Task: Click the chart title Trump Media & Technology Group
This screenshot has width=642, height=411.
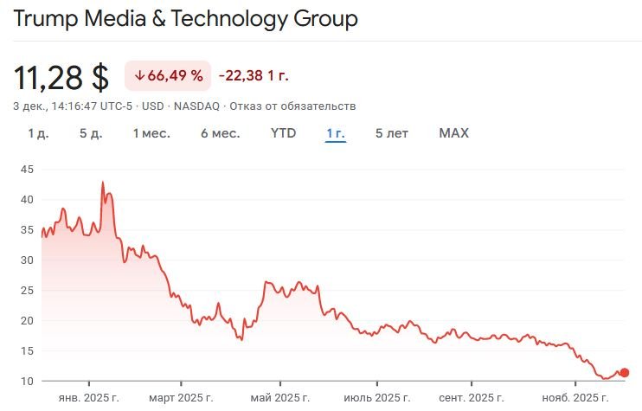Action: pyautogui.click(x=185, y=19)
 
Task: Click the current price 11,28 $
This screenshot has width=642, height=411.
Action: pyautogui.click(x=61, y=77)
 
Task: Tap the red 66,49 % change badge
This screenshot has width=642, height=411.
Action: pyautogui.click(x=168, y=76)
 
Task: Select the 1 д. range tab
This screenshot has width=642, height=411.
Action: pyautogui.click(x=38, y=133)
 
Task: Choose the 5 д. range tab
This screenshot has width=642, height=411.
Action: pyautogui.click(x=91, y=133)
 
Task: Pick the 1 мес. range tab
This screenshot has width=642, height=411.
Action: pyautogui.click(x=151, y=133)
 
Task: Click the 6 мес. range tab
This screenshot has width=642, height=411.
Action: pyautogui.click(x=220, y=133)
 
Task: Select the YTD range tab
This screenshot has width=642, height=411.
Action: pyautogui.click(x=283, y=133)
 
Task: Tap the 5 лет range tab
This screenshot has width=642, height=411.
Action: pyautogui.click(x=392, y=133)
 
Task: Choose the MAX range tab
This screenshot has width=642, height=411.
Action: pyautogui.click(x=453, y=133)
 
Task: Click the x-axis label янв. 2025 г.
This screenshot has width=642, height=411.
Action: pyautogui.click(x=88, y=398)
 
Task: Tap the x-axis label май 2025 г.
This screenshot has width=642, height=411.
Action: pyautogui.click(x=279, y=398)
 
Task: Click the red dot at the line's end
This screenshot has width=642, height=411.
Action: pyautogui.click(x=625, y=373)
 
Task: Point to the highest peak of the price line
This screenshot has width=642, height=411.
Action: pyautogui.click(x=103, y=183)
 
